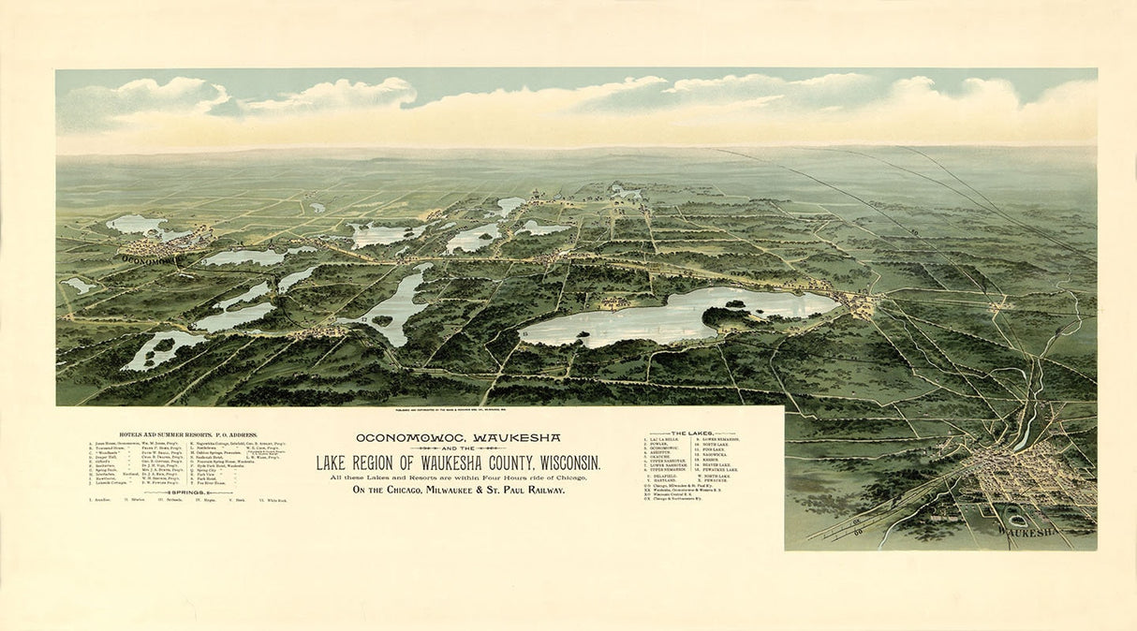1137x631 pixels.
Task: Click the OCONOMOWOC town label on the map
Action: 149,261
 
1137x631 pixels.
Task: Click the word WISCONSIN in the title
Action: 559,462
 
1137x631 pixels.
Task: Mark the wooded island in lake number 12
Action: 382,320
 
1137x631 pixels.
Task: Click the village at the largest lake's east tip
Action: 860,302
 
